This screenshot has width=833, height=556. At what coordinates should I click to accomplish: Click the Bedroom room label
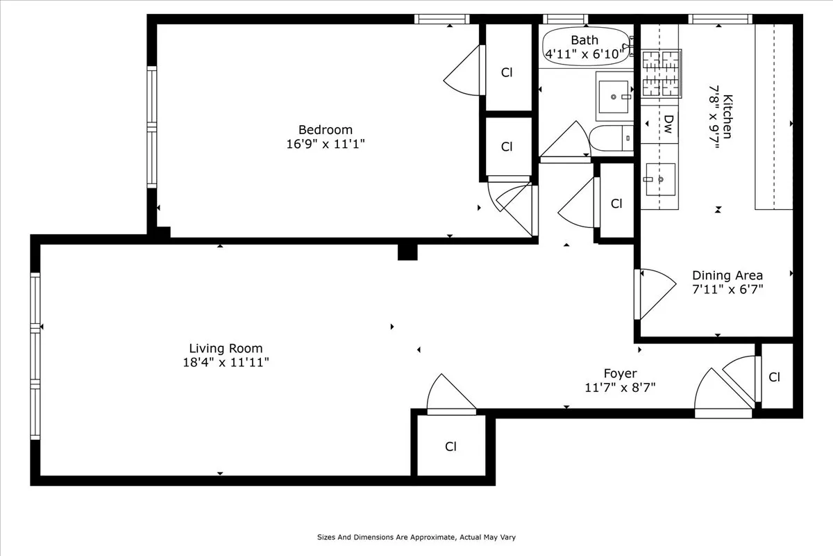(x=325, y=130)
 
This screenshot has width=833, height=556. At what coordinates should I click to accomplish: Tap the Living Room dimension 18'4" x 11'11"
(x=226, y=362)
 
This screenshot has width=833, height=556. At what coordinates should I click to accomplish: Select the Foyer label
(x=620, y=373)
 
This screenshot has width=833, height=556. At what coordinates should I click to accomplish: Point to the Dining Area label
(x=727, y=275)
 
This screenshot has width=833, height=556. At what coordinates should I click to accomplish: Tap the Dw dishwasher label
(x=668, y=124)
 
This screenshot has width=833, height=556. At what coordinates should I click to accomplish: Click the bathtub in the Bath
(x=585, y=47)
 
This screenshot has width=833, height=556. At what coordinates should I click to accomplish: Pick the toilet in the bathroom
(x=612, y=139)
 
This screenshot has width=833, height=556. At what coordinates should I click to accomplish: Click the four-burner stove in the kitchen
(x=660, y=72)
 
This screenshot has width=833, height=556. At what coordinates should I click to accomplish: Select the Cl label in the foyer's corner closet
(x=775, y=377)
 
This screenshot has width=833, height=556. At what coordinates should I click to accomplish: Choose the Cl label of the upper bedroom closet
(x=507, y=72)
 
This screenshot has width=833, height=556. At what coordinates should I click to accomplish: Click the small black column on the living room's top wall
(x=407, y=251)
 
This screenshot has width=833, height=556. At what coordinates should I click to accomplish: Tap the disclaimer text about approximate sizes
(x=416, y=537)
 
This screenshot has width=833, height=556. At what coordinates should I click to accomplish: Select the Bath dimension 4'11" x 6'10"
(x=585, y=54)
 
